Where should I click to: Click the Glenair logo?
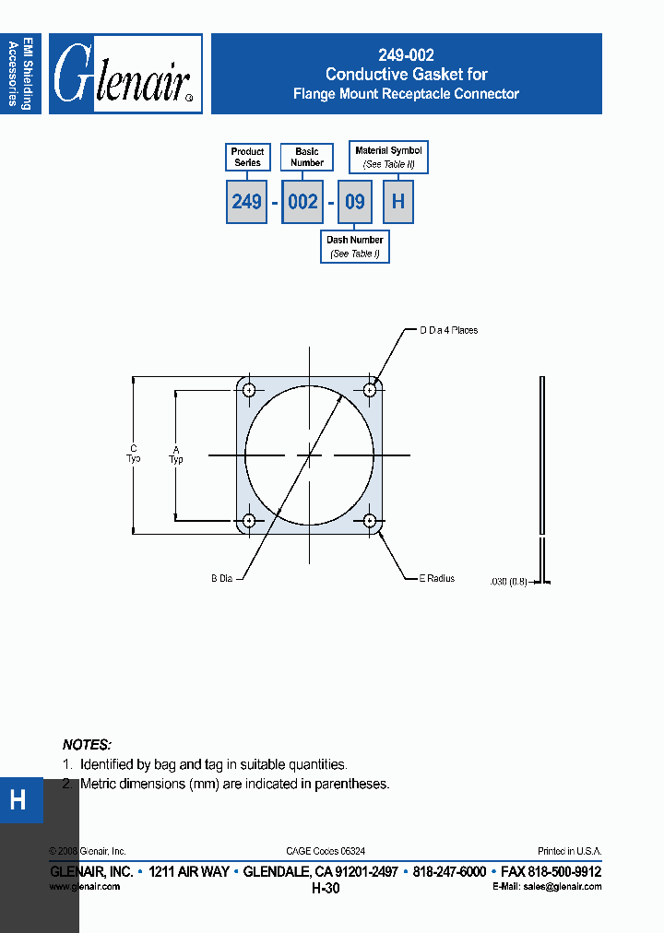(125, 74)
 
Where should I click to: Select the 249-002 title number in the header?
(406, 55)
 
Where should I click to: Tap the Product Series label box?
(247, 157)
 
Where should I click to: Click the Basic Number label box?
(307, 157)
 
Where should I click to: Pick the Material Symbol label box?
(388, 157)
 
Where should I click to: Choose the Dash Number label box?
(355, 246)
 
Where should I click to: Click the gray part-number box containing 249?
(246, 202)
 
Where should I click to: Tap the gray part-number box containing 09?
(354, 202)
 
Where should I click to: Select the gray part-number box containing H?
(398, 202)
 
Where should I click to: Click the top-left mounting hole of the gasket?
(249, 390)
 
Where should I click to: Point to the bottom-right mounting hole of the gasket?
(370, 521)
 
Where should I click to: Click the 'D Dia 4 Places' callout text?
(449, 330)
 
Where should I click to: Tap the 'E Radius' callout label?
(437, 579)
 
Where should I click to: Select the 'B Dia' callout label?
(221, 579)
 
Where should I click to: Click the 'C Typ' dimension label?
(134, 454)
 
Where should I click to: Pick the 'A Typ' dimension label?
(176, 455)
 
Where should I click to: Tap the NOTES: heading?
(87, 744)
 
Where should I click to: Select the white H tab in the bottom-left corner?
(18, 799)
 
